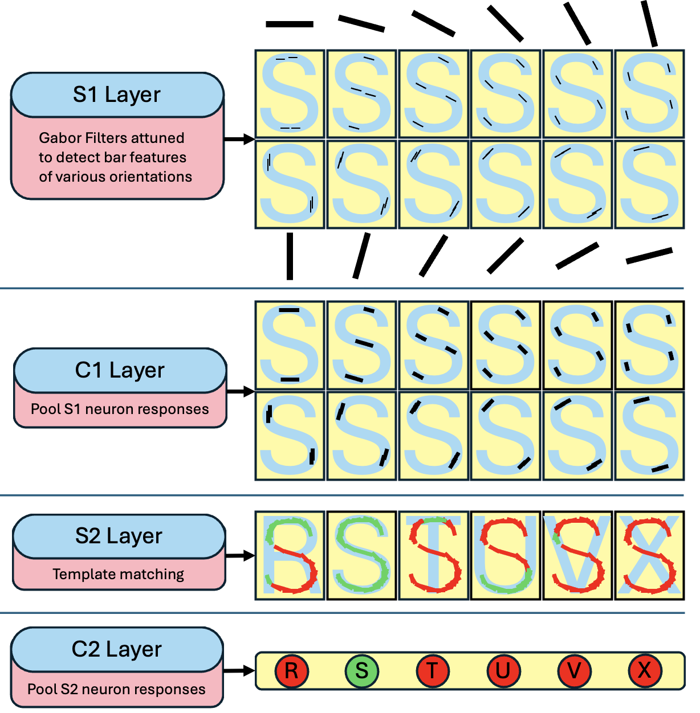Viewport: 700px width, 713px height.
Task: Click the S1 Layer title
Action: click(117, 95)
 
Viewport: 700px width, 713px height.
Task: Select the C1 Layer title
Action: click(120, 370)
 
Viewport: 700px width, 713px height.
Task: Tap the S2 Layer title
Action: click(119, 536)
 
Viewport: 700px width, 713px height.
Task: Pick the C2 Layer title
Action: click(117, 649)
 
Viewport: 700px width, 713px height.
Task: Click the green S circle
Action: click(362, 671)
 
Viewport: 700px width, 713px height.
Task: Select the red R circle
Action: click(291, 671)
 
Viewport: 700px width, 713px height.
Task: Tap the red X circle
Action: click(644, 671)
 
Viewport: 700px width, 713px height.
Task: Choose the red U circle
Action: click(503, 671)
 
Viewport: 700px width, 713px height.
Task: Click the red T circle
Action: click(433, 671)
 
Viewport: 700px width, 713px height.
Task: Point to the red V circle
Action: click(574, 671)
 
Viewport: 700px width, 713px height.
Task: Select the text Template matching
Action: click(119, 574)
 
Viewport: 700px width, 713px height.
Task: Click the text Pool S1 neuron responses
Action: click(120, 409)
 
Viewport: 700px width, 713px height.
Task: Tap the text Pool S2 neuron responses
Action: click(116, 689)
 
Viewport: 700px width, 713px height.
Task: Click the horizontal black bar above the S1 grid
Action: click(290, 24)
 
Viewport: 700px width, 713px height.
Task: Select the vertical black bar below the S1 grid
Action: click(290, 256)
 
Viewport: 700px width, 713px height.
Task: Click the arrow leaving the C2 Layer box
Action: click(239, 671)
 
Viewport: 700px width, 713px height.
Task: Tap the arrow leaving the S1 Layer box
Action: click(239, 139)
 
